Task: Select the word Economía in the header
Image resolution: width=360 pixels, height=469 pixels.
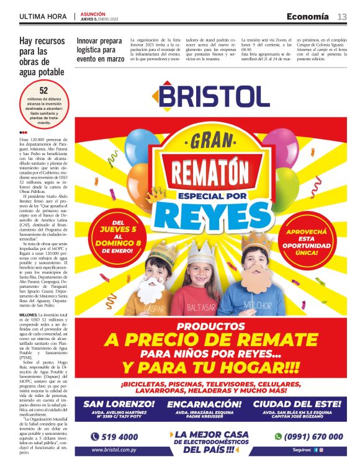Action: coord(308,16)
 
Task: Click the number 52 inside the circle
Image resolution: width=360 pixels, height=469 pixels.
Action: coord(43,91)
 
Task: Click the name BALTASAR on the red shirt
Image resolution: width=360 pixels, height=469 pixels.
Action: coord(205,306)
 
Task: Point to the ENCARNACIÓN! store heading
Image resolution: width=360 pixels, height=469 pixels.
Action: coord(208,404)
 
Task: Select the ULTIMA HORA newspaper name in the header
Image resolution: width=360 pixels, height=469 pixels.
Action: coord(44,16)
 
